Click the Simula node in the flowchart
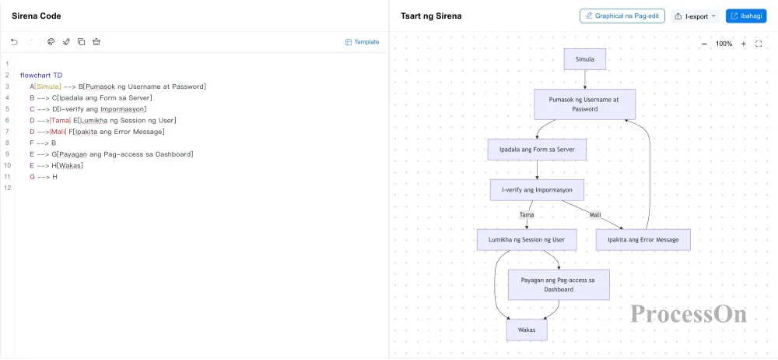pos(584,59)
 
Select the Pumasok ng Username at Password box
pos(584,104)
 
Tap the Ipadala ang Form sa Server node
pos(537,150)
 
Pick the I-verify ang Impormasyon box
pos(537,190)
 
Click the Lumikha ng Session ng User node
pos(527,240)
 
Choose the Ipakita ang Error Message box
pos(643,240)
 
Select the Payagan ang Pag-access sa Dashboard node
pos(559,285)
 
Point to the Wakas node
pos(527,330)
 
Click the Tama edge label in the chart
pos(527,215)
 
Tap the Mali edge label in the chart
pos(595,215)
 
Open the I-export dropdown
pos(695,16)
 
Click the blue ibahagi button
pos(746,16)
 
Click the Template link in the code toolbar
pos(363,42)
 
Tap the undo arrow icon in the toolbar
pos(14,42)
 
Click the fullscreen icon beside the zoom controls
pos(758,44)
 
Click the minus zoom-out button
pos(704,44)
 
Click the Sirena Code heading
pos(37,16)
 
